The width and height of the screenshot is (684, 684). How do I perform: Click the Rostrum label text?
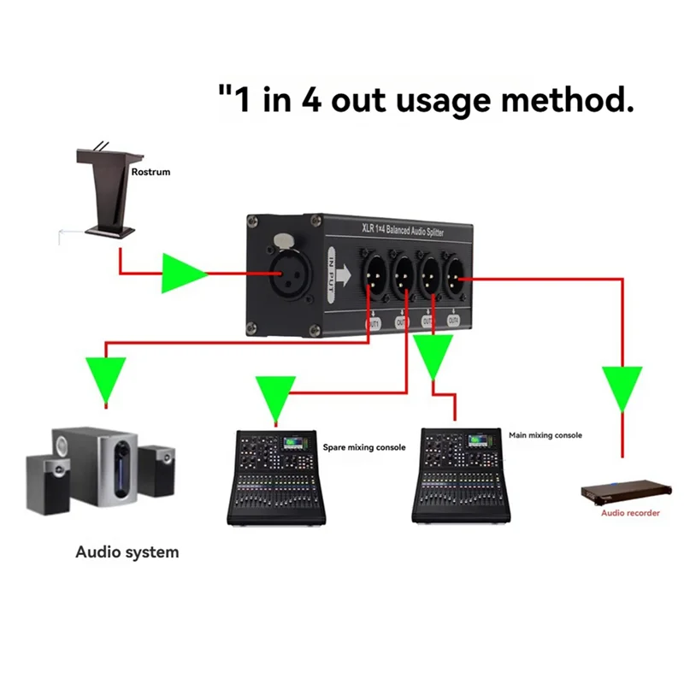click(x=150, y=172)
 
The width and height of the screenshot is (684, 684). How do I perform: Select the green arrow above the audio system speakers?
click(x=105, y=380)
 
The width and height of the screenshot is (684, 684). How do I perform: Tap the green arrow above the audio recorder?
click(x=622, y=386)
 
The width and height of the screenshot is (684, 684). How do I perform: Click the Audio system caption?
click(x=127, y=551)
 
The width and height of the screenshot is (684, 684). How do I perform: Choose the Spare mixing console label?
click(x=363, y=447)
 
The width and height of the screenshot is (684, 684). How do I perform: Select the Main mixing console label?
click(x=545, y=435)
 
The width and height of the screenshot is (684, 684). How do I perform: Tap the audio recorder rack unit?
click(x=624, y=493)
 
